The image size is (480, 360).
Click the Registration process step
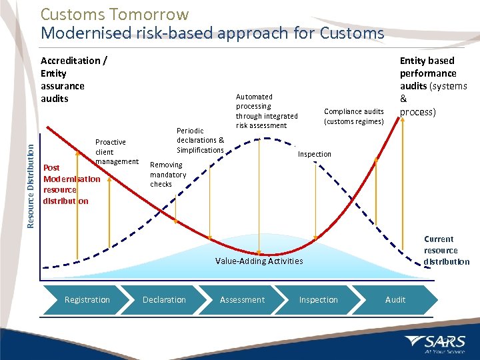coord(87,300)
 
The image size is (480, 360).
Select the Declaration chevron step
coord(164,300)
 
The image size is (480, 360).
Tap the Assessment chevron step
coord(242,300)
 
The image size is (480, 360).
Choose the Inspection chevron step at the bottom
coord(319,300)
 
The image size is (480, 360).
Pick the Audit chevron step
coord(395,300)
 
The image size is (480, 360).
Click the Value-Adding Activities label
coord(259,261)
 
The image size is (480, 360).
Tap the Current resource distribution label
coord(446,250)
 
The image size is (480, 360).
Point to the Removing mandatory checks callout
coord(166,174)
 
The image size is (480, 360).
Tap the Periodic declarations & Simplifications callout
coord(200,140)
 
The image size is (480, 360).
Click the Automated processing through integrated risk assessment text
coord(267,111)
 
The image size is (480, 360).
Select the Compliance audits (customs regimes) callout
coord(353,116)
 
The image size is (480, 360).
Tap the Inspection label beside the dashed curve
coord(314,154)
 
